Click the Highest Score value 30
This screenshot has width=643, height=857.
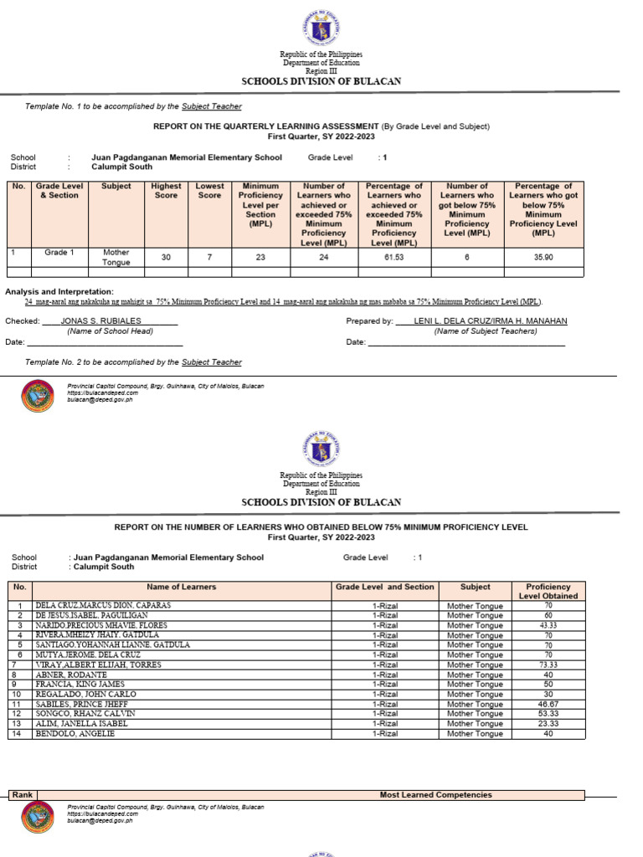pos(166,257)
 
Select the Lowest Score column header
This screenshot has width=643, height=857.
pos(209,191)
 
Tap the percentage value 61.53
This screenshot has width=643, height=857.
pos(394,257)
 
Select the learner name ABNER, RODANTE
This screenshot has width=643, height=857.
pos(70,675)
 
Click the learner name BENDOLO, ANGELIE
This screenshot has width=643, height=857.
pos(74,734)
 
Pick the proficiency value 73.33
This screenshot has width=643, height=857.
pos(548,665)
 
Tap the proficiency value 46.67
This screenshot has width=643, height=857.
pos(548,704)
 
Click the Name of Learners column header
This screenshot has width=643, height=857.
pos(182,587)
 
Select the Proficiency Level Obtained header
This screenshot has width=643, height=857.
pos(548,591)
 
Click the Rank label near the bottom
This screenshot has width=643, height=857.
pos(23,794)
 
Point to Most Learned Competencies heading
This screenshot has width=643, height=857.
pos(435,794)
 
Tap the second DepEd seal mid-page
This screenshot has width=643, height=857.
pos(321,448)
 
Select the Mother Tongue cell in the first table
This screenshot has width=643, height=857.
pos(116,257)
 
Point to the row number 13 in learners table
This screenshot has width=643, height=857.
pos(18,724)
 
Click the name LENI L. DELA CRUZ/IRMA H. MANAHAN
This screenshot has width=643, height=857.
pos(490,321)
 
